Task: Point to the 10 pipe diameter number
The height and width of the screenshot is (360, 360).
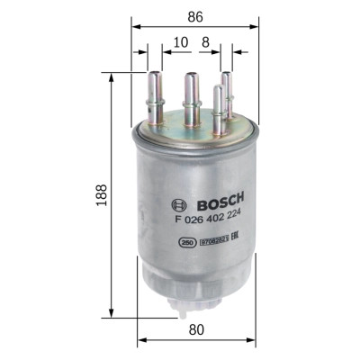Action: tap(182, 41)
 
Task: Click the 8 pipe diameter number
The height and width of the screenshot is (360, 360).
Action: tap(205, 41)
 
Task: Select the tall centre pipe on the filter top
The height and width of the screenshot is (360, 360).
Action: tap(191, 94)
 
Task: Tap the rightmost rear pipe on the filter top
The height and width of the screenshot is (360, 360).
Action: tap(227, 94)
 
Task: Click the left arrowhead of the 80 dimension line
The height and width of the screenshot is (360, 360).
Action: tap(141, 341)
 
